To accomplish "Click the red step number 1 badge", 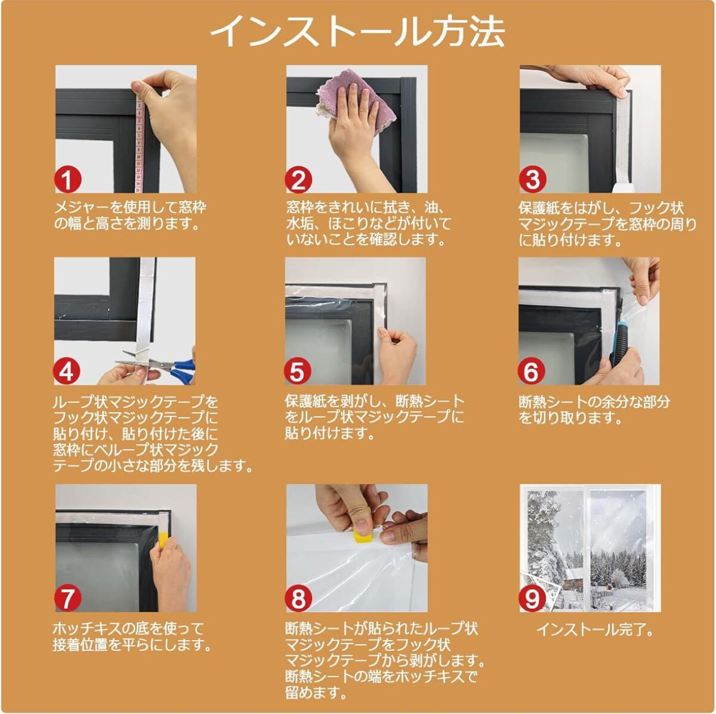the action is (67, 180).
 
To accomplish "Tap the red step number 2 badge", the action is (298, 180).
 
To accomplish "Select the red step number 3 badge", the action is (532, 180).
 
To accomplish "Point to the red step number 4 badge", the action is (66, 371).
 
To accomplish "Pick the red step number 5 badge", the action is (298, 371).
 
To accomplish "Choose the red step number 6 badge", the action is (531, 371).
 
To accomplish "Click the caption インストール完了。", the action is (594, 630).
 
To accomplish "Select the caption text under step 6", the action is (594, 410).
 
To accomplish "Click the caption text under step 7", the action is (132, 637).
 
